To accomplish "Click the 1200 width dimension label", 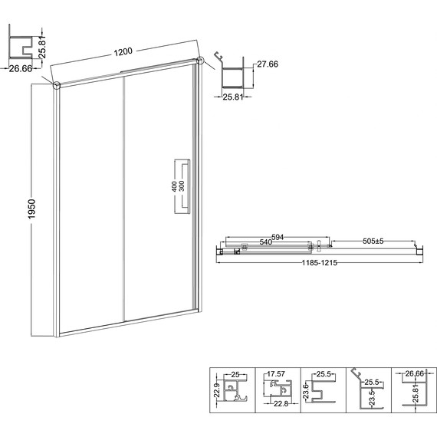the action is click(x=123, y=51).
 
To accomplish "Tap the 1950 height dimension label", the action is click(x=32, y=209).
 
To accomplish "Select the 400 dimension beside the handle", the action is click(x=174, y=186).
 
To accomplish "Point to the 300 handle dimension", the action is click(x=182, y=186).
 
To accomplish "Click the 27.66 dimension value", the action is click(x=268, y=64).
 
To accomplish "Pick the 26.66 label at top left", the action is click(x=21, y=68).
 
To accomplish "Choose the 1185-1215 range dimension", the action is click(x=320, y=262).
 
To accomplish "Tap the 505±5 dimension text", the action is click(x=373, y=241).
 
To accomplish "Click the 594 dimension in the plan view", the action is click(x=278, y=237).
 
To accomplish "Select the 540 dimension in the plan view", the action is click(x=265, y=242).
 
